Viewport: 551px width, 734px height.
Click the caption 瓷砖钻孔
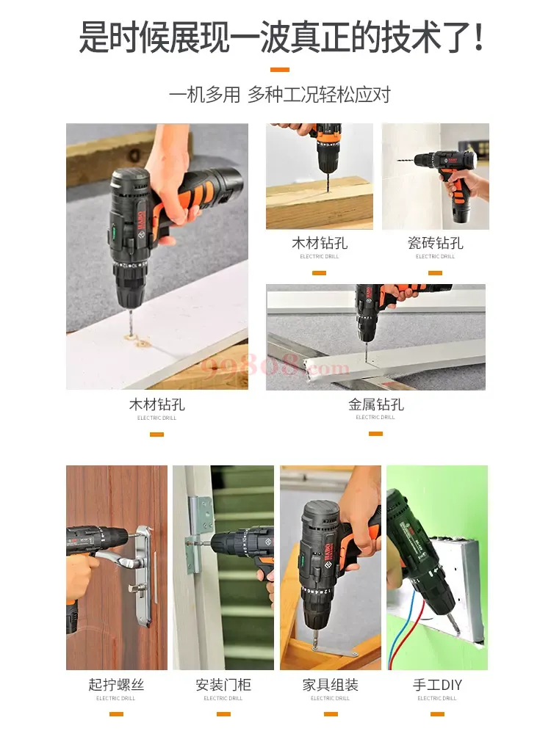coord(435,243)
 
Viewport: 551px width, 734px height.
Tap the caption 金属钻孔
coord(375,404)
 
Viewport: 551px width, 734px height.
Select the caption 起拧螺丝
coord(116,685)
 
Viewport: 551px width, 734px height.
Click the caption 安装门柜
coord(223,685)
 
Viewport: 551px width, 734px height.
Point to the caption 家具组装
coord(331,685)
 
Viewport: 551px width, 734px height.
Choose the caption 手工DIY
coord(437,685)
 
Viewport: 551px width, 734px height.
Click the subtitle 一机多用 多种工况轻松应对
coord(280,95)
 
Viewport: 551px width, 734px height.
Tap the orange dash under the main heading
coord(280,70)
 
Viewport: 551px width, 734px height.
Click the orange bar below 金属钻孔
coord(375,434)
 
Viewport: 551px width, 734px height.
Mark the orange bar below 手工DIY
coord(437,714)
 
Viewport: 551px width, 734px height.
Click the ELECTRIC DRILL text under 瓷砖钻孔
coord(435,256)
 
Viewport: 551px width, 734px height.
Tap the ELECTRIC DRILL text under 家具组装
coord(331,699)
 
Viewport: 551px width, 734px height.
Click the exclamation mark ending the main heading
coord(478,37)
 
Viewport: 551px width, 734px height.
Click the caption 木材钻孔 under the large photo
coord(157,404)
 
